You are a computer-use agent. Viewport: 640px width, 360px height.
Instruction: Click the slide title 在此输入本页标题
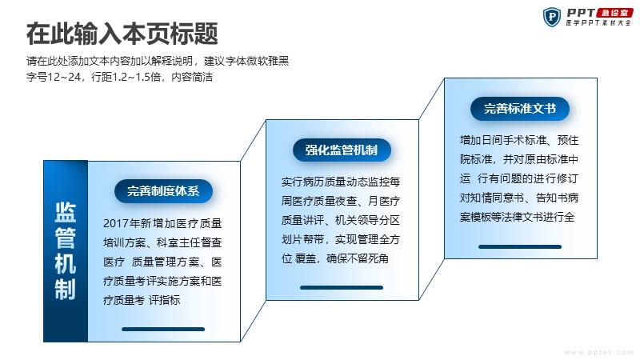[122, 34]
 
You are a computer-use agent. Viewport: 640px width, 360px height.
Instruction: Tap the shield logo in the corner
[552, 17]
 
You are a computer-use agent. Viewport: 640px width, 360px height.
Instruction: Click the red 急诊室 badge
[614, 13]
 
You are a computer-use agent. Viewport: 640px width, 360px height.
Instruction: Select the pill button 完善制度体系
[163, 191]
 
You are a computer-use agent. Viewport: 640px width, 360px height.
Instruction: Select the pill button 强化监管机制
[342, 150]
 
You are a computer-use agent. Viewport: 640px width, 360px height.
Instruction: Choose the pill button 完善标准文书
[519, 109]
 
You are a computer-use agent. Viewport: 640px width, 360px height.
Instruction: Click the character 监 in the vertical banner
[66, 212]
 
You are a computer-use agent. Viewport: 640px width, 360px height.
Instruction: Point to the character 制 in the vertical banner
[66, 290]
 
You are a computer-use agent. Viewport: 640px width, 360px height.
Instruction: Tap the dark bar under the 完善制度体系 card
[163, 329]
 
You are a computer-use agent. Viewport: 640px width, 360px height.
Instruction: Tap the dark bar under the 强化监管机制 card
[342, 287]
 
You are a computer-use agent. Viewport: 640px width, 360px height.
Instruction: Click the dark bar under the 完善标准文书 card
[520, 246]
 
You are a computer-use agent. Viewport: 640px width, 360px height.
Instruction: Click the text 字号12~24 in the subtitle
[54, 77]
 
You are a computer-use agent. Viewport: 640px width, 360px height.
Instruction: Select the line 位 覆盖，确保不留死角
[334, 258]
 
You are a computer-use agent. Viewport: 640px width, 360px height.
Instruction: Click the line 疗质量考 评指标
[142, 300]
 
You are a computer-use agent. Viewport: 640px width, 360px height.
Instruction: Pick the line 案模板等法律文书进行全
[517, 217]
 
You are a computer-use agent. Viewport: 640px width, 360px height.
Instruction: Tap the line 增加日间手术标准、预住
[519, 140]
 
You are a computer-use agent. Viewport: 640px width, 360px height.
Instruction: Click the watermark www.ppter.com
[598, 352]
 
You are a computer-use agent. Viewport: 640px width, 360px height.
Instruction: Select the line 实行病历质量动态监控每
[341, 182]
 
